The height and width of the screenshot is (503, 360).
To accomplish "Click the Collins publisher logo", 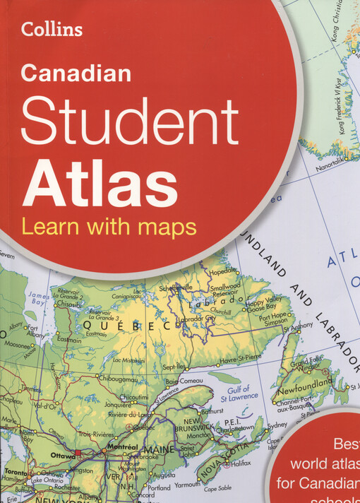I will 52,29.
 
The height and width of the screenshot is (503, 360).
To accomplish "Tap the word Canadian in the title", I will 76,73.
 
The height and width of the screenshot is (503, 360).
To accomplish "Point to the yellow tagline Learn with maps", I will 109,227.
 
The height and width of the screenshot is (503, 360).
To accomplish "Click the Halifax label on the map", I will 241,463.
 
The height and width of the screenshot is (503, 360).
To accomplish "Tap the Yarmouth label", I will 187,485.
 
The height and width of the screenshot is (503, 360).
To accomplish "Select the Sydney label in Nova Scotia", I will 277,425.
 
